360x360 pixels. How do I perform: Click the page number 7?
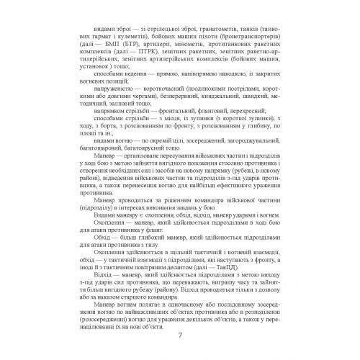pyautogui.click(x=179, y=337)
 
